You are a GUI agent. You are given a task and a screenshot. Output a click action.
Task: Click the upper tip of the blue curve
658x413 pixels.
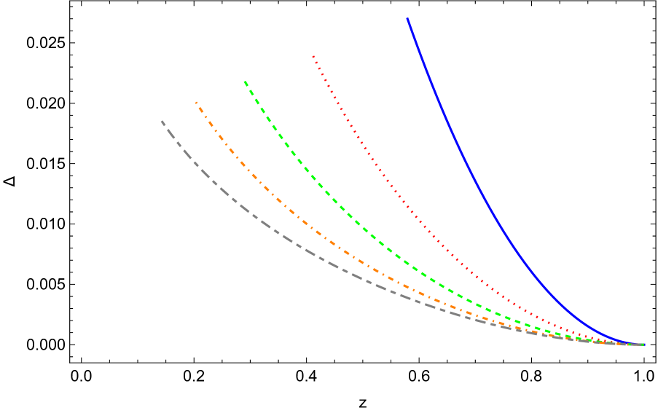407,18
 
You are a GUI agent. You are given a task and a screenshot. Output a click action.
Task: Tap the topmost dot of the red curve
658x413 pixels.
313,56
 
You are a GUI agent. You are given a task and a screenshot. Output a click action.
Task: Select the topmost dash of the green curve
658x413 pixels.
246,84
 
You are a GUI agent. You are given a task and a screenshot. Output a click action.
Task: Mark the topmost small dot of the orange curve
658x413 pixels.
196,102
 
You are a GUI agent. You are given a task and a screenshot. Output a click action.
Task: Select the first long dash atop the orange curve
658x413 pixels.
201,110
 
